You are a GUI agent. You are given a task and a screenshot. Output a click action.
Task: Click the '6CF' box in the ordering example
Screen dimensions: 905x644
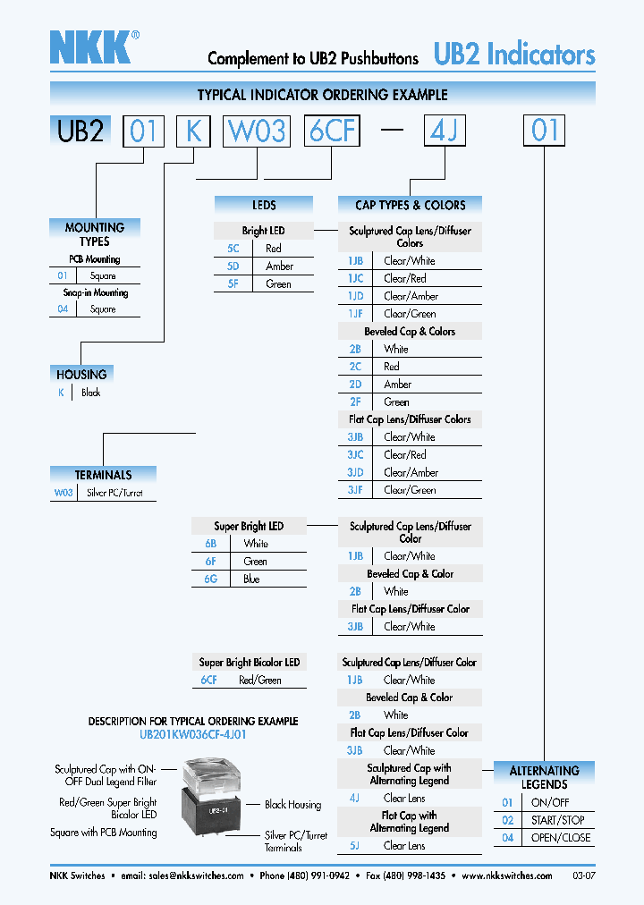pyautogui.click(x=332, y=131)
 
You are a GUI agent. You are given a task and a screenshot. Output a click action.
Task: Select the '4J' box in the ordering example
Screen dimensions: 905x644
pyautogui.click(x=444, y=131)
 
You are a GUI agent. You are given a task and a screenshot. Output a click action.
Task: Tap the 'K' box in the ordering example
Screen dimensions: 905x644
pyautogui.click(x=192, y=131)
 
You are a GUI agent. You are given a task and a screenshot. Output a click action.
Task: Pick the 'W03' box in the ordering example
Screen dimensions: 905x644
pyautogui.click(x=258, y=131)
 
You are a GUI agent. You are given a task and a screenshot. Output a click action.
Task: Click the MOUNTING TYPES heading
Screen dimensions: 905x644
pyautogui.click(x=94, y=234)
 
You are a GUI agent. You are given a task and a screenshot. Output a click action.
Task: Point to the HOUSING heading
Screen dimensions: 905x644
pyautogui.click(x=81, y=375)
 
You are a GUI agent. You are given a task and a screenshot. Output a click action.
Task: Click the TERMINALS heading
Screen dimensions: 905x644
pyautogui.click(x=103, y=475)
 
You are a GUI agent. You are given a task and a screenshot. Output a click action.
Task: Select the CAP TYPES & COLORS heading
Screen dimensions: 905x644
pyautogui.click(x=410, y=205)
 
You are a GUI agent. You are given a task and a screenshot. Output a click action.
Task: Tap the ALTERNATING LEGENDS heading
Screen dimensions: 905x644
pyautogui.click(x=544, y=777)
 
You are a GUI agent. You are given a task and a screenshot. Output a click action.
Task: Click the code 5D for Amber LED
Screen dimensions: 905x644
pyautogui.click(x=233, y=266)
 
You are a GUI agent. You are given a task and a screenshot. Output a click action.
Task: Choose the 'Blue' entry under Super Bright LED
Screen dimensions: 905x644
pyautogui.click(x=251, y=579)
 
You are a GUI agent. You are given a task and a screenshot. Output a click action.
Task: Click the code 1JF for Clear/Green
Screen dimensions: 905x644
pyautogui.click(x=355, y=314)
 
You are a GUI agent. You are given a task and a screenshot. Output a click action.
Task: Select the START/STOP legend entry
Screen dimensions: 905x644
pyautogui.click(x=557, y=820)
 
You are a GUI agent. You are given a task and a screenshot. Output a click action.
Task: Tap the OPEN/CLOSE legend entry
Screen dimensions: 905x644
pyautogui.click(x=561, y=838)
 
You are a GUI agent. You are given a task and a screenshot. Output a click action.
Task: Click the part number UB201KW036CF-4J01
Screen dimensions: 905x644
pyautogui.click(x=193, y=734)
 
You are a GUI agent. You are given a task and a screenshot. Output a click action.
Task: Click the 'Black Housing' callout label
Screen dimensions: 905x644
pyautogui.click(x=292, y=805)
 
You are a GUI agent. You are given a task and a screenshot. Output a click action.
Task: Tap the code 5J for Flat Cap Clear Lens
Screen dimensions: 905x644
pyautogui.click(x=355, y=846)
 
